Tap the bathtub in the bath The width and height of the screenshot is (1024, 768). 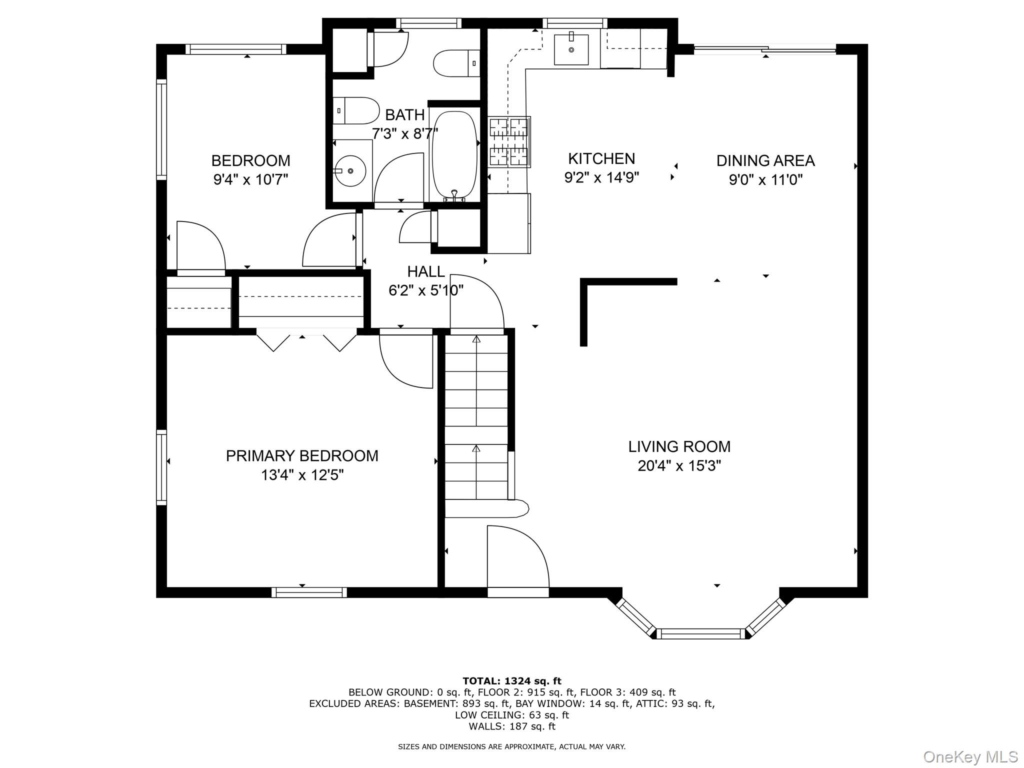click(x=454, y=155)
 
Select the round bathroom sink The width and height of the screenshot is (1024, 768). click(x=350, y=171)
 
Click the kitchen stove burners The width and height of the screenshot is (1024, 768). click(x=508, y=142)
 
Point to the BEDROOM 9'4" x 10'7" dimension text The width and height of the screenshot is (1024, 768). click(x=251, y=179)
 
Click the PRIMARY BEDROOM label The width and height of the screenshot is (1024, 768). click(x=302, y=455)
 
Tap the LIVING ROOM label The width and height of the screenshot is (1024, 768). click(x=679, y=446)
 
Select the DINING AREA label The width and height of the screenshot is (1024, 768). click(x=765, y=160)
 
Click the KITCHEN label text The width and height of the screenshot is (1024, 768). click(x=601, y=158)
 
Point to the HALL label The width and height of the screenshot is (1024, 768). click(x=426, y=271)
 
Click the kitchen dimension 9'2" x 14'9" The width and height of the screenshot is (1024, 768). click(x=602, y=177)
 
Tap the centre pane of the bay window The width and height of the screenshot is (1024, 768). click(x=701, y=633)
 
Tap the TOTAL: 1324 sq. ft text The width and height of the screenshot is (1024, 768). click(x=512, y=680)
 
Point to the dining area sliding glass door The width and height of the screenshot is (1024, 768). click(x=765, y=49)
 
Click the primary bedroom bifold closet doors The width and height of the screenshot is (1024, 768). click(x=306, y=340)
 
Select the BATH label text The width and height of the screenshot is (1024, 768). click(x=405, y=114)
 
